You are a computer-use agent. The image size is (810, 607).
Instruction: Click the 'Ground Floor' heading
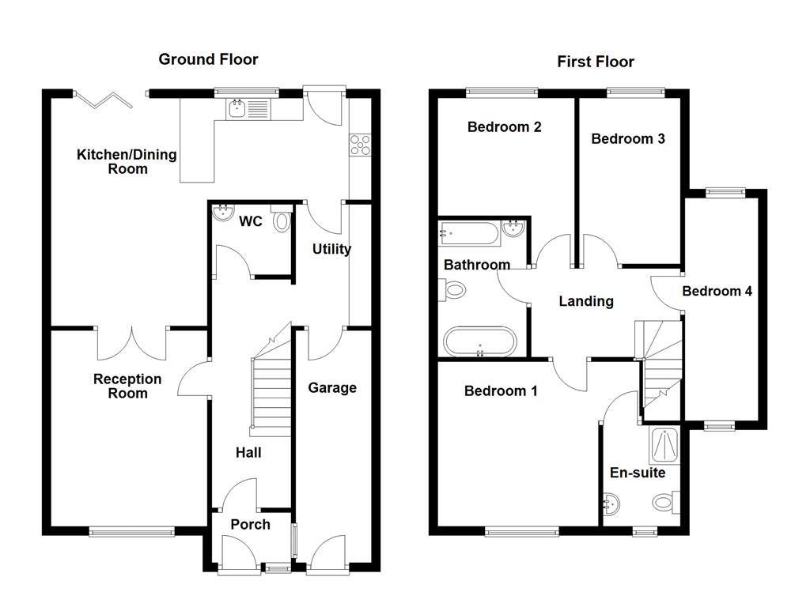[x=208, y=59]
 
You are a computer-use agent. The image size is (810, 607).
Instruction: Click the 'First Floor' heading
[x=595, y=62]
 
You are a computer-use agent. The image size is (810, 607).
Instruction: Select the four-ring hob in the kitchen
[x=359, y=144]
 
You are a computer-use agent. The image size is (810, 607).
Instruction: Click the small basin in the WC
[x=219, y=211]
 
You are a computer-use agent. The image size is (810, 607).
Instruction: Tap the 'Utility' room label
[x=331, y=249]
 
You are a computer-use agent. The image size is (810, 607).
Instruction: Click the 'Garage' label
[x=331, y=388]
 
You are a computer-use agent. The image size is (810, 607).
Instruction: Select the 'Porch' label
[x=250, y=525]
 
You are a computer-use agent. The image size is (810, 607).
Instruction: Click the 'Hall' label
[x=248, y=453]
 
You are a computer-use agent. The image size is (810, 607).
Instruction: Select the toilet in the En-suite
[x=664, y=502]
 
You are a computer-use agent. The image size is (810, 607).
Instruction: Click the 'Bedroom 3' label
[x=628, y=139]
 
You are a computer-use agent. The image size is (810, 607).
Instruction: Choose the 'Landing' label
[x=585, y=301]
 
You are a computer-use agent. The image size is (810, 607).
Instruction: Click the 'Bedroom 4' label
[x=717, y=292]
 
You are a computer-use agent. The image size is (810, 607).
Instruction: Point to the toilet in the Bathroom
[x=455, y=290]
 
